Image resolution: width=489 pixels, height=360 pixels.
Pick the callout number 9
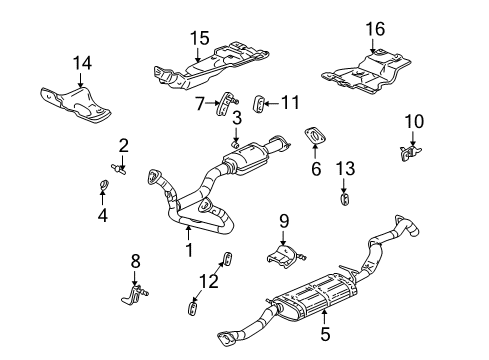283,220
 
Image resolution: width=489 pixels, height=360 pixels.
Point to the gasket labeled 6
313,136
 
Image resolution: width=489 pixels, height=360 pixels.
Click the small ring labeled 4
104,184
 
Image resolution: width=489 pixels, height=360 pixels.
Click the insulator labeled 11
258,102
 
